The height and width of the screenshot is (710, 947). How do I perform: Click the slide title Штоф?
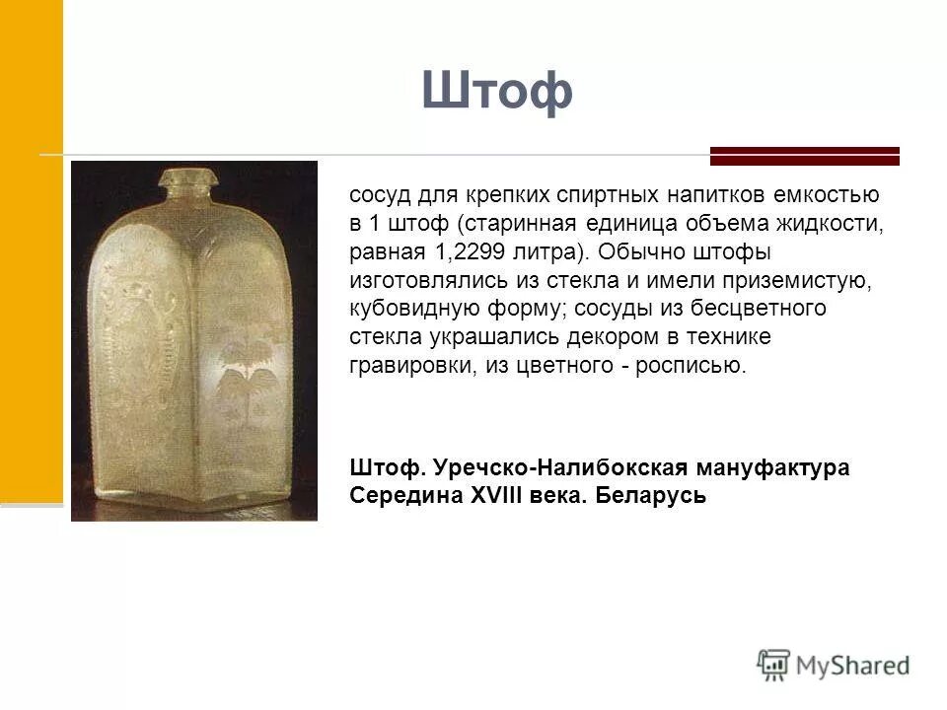pos(497,92)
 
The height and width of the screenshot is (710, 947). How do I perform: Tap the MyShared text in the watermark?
pos(854,666)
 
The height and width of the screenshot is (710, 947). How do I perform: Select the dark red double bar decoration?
pos(805,156)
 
